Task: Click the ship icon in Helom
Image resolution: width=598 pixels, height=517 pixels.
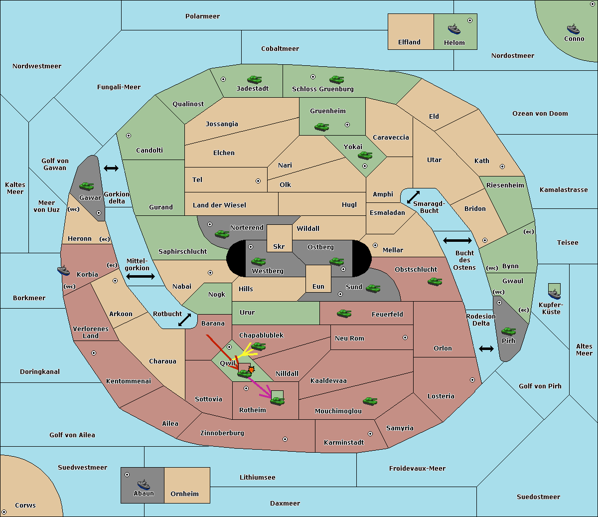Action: click(x=454, y=29)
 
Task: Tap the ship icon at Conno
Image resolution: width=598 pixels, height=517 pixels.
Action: click(x=573, y=29)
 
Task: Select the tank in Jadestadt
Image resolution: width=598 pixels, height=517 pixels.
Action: click(x=254, y=79)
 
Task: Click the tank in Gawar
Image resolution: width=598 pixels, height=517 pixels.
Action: click(x=86, y=186)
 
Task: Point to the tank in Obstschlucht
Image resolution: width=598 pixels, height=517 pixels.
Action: click(x=435, y=281)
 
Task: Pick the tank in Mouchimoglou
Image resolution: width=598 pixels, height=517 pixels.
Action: click(x=370, y=401)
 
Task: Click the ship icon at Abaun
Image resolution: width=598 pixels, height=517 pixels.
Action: click(x=144, y=485)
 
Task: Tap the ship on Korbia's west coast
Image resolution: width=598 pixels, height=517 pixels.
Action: click(x=63, y=270)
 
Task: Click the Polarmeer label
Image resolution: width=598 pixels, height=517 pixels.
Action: click(x=202, y=16)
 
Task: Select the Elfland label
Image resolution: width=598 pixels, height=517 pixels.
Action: click(x=409, y=42)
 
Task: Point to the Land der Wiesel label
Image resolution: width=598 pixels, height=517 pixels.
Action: click(x=219, y=205)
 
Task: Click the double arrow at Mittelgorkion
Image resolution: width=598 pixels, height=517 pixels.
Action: click(x=141, y=276)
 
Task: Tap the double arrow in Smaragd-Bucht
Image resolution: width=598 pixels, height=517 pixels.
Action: click(x=413, y=197)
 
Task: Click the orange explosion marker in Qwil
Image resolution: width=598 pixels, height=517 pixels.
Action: click(x=251, y=369)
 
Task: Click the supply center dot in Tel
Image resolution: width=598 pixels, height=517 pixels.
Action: click(x=258, y=181)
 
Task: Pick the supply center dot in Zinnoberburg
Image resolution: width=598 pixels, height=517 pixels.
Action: click(x=285, y=439)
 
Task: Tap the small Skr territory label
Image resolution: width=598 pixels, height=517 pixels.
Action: click(x=279, y=246)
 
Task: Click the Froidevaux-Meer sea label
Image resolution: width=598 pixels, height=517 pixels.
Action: click(x=417, y=468)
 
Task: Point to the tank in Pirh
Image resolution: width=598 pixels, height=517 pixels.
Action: click(x=508, y=331)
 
